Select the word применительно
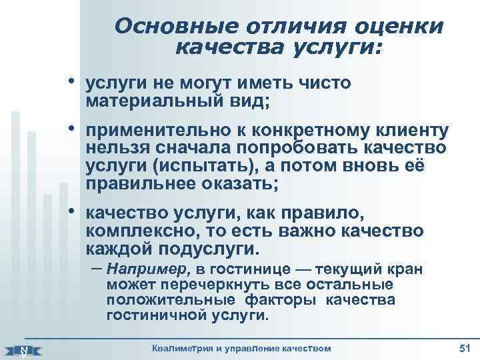pyautogui.click(x=155, y=131)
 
